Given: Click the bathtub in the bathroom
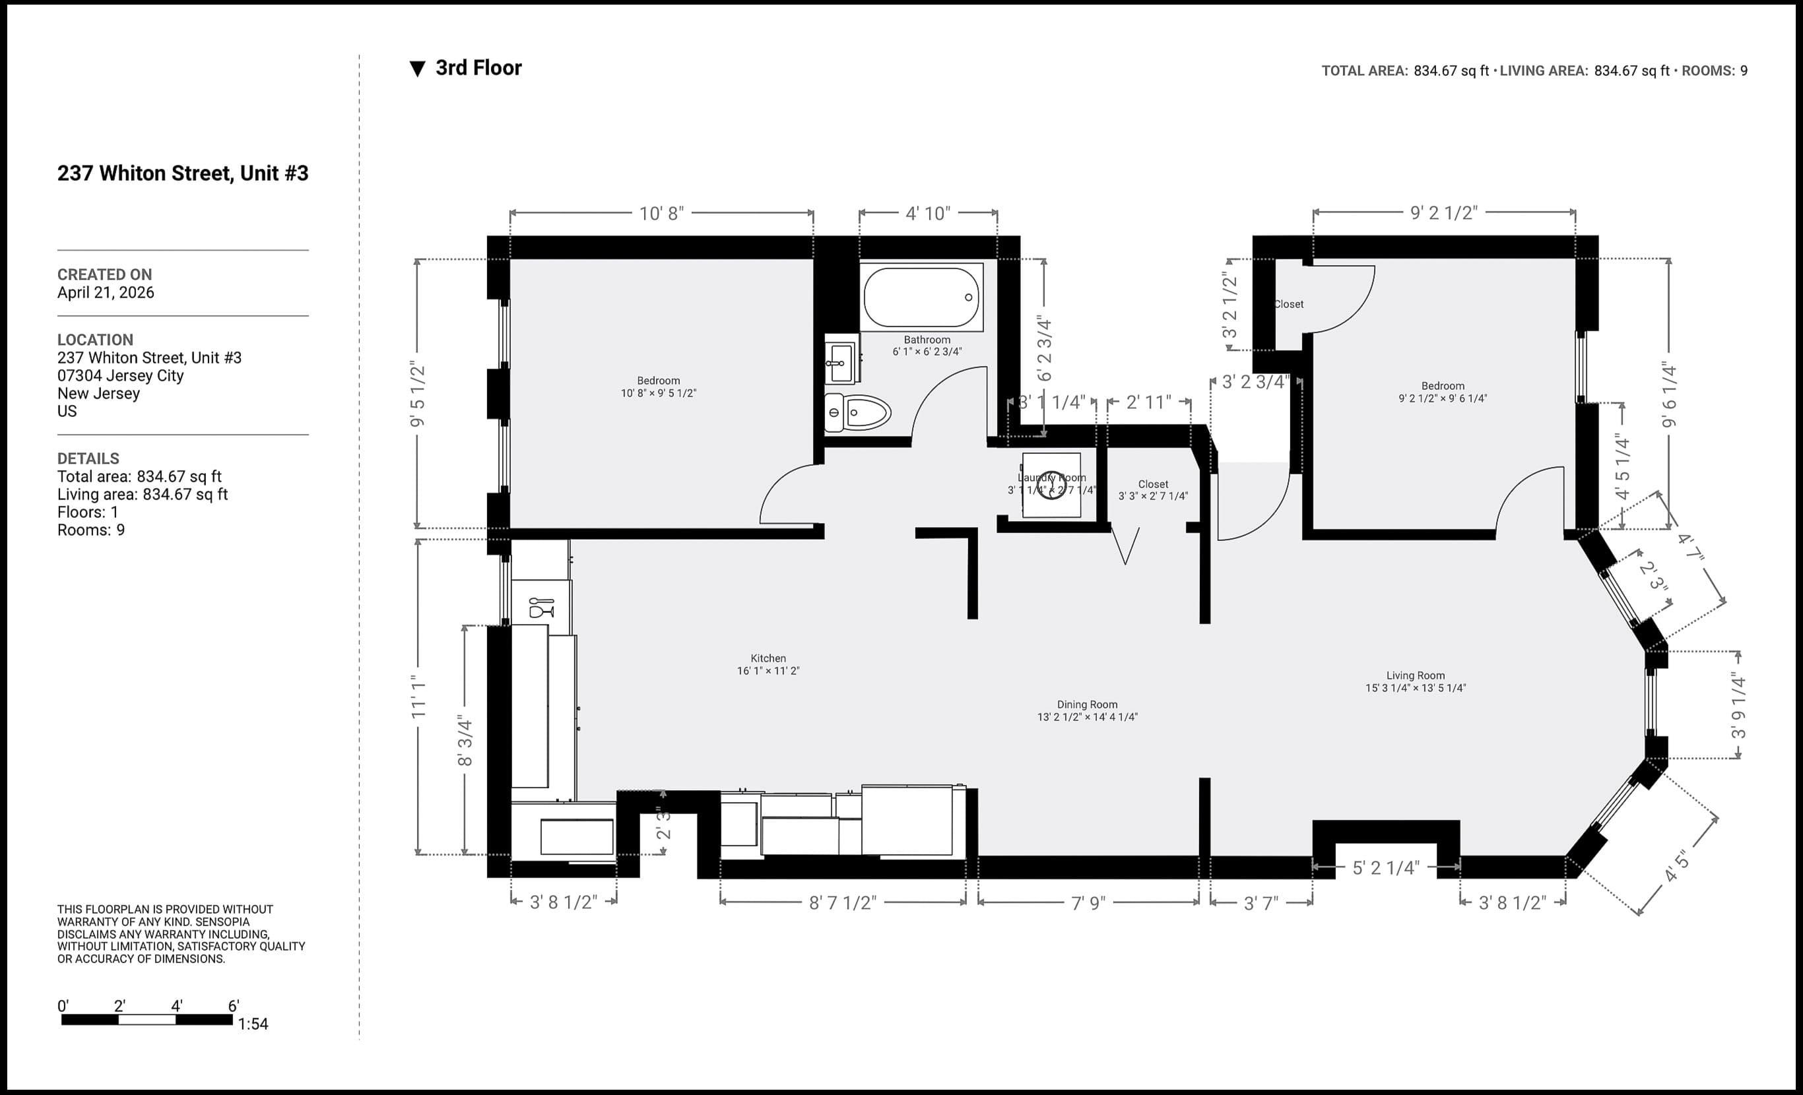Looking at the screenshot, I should [x=921, y=297].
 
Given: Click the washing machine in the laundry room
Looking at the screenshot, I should [x=1051, y=485].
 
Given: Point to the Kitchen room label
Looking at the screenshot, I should [x=768, y=658].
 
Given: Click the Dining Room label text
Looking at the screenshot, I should [x=1087, y=704].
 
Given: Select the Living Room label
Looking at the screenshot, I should [x=1414, y=675].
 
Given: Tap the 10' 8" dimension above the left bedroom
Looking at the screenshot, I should [x=661, y=213].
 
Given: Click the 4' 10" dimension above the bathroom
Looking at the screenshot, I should [x=927, y=213].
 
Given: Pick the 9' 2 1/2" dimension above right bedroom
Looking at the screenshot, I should [x=1443, y=212].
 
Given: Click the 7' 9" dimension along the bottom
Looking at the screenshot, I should [x=1088, y=902].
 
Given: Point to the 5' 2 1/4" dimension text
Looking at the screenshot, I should [x=1385, y=867].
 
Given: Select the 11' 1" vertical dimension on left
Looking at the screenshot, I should [x=418, y=697].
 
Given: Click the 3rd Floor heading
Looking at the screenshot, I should [x=478, y=68].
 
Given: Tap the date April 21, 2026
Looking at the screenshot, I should [x=106, y=293].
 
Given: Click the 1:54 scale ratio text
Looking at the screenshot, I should [x=253, y=1024].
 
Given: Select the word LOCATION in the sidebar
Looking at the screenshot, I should [x=95, y=340].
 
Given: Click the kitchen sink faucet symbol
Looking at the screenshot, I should [x=541, y=606].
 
